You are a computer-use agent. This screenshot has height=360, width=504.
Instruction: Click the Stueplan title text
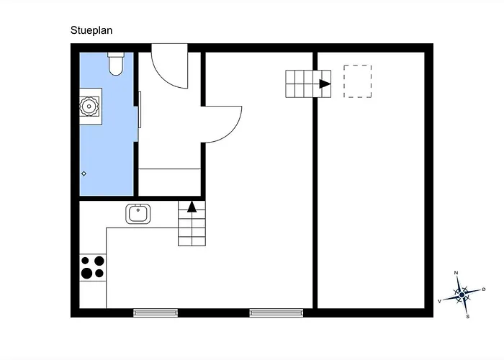[x=91, y=30]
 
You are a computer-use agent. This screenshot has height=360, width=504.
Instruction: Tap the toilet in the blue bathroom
[x=116, y=64]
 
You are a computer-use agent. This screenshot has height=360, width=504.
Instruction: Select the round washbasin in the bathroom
[x=89, y=106]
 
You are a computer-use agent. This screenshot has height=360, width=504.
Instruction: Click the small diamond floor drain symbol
[x=84, y=174]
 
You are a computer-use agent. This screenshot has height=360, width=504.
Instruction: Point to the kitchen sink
[x=138, y=214]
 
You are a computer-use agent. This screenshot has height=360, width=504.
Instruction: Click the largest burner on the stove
[x=87, y=273]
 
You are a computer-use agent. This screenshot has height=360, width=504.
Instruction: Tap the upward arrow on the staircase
[x=192, y=207]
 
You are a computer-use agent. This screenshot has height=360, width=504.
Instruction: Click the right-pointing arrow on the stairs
[x=325, y=84]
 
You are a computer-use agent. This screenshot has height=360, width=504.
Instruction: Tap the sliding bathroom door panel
[x=140, y=109]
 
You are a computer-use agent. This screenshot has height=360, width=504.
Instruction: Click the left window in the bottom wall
[x=156, y=312]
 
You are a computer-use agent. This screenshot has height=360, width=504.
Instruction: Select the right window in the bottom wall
[x=276, y=312]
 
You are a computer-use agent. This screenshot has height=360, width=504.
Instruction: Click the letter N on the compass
[x=456, y=273]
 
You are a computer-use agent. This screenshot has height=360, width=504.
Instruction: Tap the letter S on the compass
[x=468, y=317]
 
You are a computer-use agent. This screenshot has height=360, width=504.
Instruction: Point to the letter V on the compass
[x=440, y=301]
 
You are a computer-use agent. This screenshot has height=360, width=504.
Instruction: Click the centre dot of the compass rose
[x=462, y=294]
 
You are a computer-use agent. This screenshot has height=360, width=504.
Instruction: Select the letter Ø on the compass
[x=484, y=289]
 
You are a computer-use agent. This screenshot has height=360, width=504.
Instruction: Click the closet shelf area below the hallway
[x=169, y=182]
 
